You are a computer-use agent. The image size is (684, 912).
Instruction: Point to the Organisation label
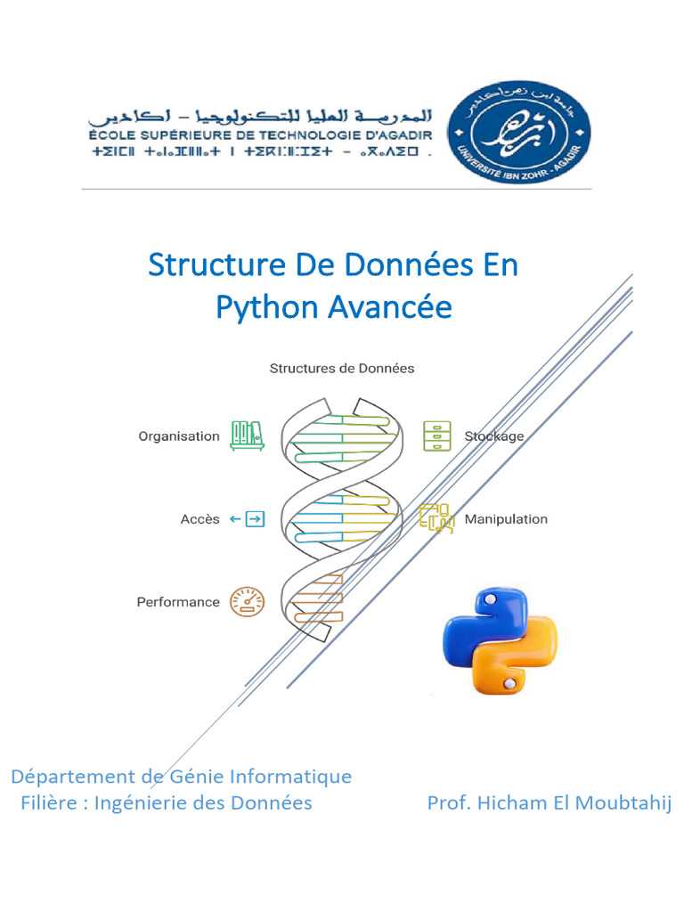(178, 436)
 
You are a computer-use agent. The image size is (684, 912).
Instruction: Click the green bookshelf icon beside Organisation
(247, 436)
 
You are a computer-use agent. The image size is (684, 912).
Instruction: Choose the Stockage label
(494, 436)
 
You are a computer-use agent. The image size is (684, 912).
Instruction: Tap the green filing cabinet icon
(436, 436)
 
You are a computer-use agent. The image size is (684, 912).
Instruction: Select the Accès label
(199, 519)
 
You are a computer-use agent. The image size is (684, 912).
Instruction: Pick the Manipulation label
(506, 519)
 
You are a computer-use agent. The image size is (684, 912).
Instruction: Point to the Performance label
(178, 602)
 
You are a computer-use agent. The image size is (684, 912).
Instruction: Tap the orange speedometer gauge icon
(247, 602)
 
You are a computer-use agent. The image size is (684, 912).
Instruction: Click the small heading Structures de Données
(342, 368)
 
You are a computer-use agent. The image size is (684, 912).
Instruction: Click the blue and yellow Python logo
(500, 640)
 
